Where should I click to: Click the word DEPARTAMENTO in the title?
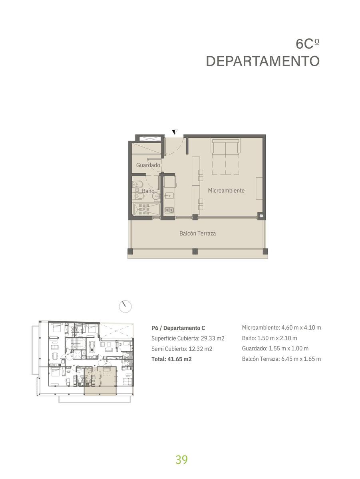(263, 61)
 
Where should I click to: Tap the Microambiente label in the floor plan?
(226, 190)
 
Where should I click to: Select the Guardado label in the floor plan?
(148, 165)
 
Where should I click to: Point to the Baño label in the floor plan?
(148, 191)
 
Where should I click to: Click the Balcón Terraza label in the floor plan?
(197, 234)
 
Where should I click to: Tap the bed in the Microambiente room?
(226, 156)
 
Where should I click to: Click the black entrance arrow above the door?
(175, 132)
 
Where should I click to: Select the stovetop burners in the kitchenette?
(169, 210)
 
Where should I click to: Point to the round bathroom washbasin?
(156, 196)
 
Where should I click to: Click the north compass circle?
(125, 307)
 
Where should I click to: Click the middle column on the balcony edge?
(195, 251)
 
